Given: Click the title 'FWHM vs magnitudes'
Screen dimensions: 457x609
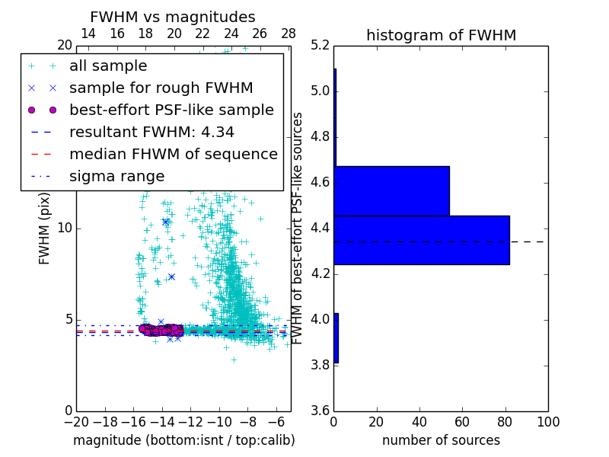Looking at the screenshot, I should (172, 18).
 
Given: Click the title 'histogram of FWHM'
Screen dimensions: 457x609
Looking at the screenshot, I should (441, 36).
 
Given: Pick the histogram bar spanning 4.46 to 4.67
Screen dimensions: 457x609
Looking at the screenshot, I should (391, 191).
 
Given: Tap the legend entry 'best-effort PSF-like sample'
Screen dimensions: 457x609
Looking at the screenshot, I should (171, 110).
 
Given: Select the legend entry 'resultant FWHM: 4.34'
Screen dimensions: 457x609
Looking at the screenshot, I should (151, 132).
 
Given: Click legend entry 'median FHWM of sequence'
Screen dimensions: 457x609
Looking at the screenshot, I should (173, 154).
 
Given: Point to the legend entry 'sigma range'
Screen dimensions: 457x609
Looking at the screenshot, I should (116, 176).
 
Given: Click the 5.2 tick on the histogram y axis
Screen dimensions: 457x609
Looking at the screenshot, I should (320, 46).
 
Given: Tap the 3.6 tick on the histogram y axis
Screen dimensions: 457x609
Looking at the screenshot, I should (320, 411).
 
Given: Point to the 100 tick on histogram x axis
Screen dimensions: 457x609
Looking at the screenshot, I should (547, 422).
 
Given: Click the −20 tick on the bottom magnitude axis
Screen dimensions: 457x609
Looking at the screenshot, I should (76, 422).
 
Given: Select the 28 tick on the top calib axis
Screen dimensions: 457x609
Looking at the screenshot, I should (289, 34).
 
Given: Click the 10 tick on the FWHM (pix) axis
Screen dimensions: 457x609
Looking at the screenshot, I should (65, 228).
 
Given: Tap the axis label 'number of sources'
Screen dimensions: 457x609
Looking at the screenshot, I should (441, 440).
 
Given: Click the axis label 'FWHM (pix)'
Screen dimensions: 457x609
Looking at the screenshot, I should (45, 228).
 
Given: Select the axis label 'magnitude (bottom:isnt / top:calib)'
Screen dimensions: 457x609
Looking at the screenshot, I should (183, 440).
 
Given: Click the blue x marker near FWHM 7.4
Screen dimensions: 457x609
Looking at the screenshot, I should (171, 276).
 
